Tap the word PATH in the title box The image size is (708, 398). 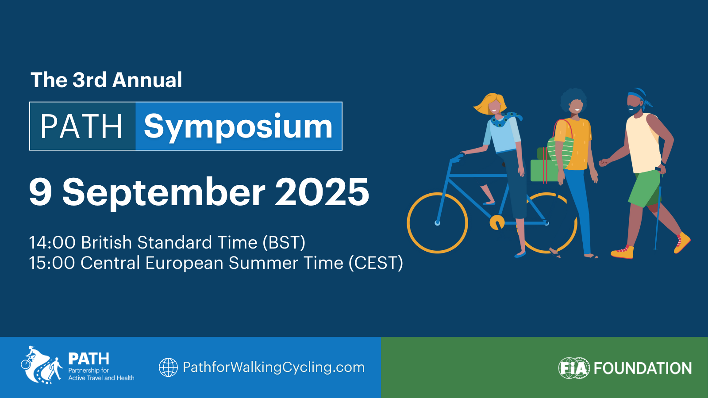coord(81,126)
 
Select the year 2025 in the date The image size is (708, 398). coord(322,192)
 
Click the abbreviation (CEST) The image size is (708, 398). coord(376,263)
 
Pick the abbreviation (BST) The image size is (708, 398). coord(284,243)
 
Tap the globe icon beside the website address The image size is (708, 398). coord(168,367)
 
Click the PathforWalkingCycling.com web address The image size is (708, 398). coord(274,367)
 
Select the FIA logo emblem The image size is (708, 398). coord(574,368)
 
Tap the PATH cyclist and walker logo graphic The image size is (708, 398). coord(42,365)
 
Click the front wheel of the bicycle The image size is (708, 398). coord(437,223)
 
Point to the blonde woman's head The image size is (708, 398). coord(491,104)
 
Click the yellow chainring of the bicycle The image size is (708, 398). coord(497,222)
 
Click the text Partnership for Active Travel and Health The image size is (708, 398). coord(101,374)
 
